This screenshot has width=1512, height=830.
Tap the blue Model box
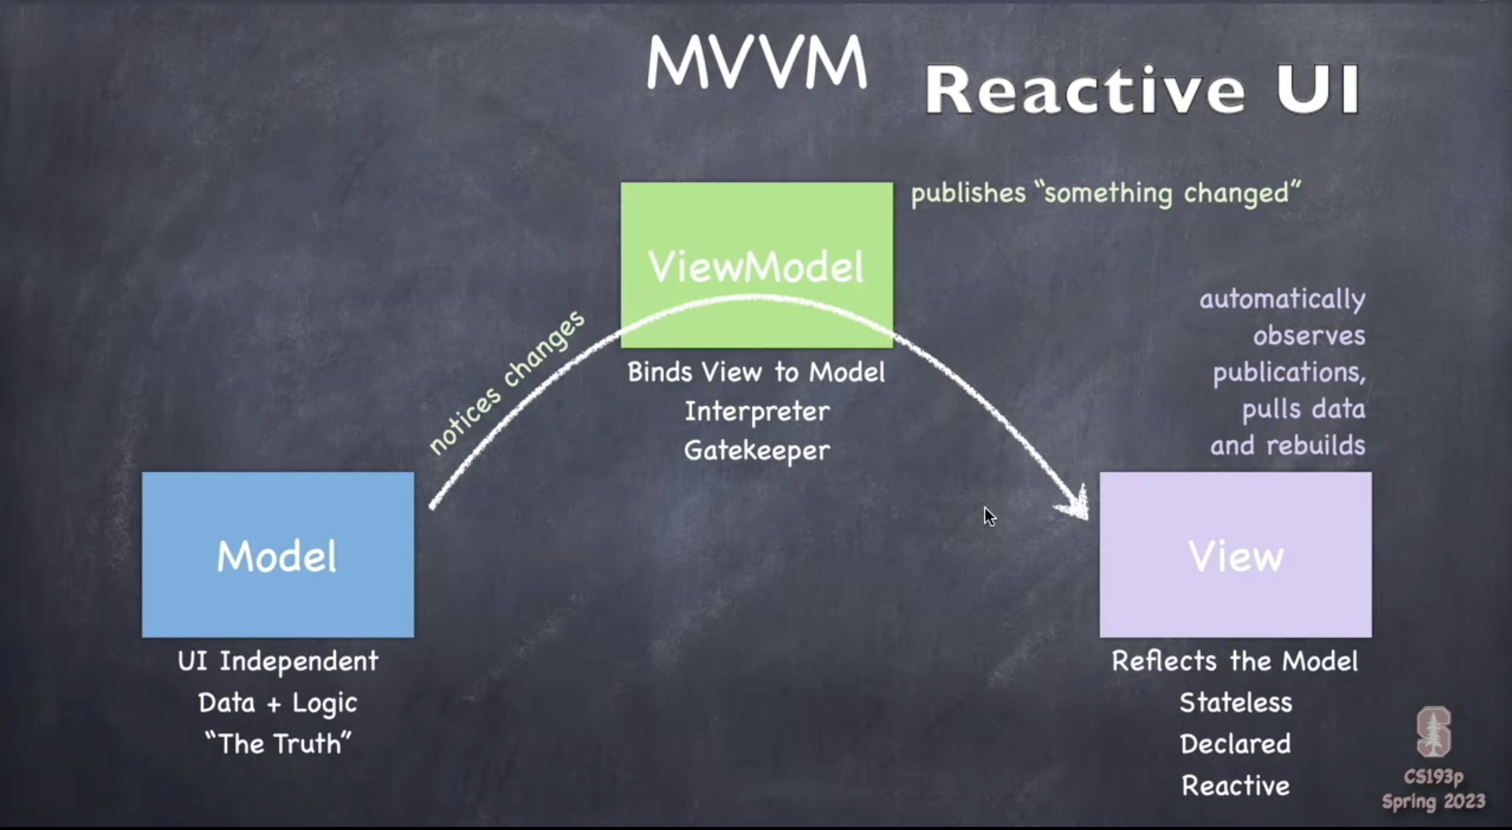(x=277, y=554)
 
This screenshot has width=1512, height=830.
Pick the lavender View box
(x=1236, y=554)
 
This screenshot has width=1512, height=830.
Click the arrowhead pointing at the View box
(x=1077, y=505)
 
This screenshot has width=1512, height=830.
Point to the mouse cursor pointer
(x=989, y=517)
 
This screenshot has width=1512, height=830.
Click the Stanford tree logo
(x=1433, y=732)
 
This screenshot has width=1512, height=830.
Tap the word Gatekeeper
(x=757, y=451)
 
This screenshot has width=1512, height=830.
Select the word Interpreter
(x=757, y=411)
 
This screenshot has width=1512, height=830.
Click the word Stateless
(x=1236, y=703)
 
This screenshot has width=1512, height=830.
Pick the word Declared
(x=1236, y=744)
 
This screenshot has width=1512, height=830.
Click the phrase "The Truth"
(x=277, y=744)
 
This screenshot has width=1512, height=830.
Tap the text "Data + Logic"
(x=277, y=703)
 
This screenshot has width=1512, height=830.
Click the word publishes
(x=968, y=193)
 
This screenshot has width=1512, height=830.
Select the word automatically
(x=1283, y=299)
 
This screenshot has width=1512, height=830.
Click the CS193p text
(x=1433, y=777)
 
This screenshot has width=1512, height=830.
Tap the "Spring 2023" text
(x=1433, y=802)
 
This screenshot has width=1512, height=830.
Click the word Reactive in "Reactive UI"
(x=1083, y=90)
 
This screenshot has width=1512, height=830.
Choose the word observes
(x=1309, y=336)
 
